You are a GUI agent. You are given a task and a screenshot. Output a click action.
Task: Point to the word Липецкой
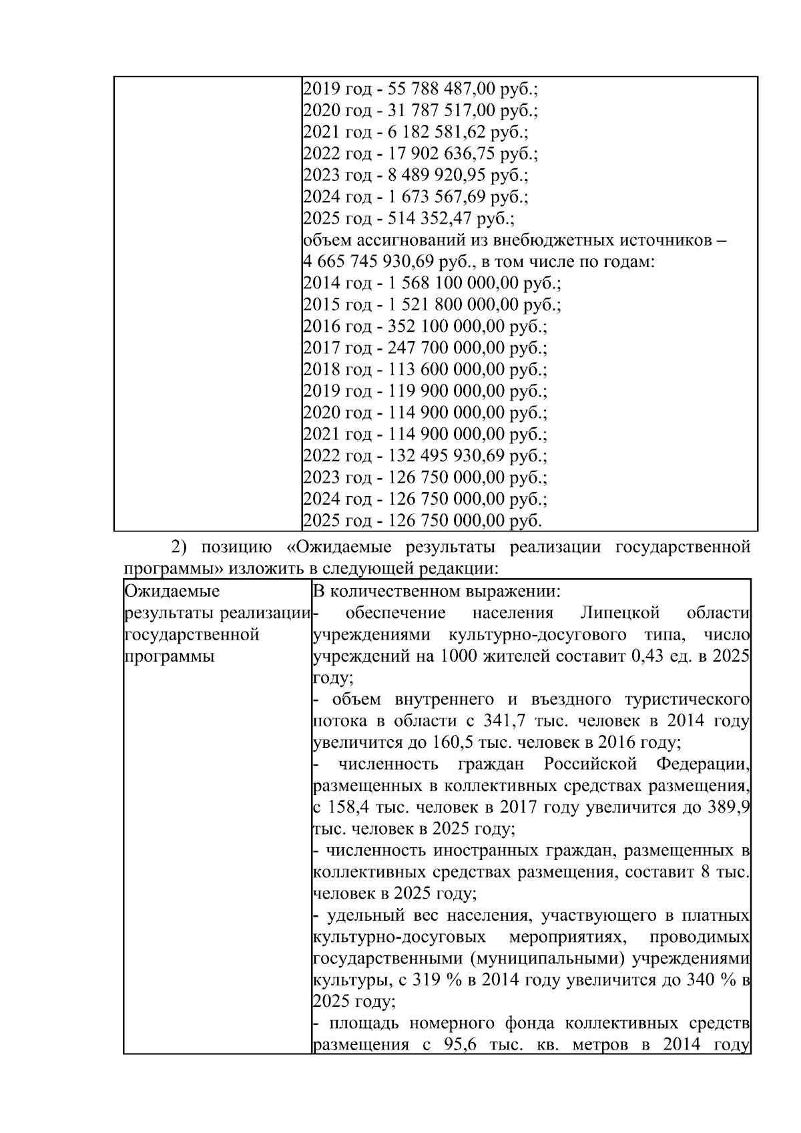point(619,613)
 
